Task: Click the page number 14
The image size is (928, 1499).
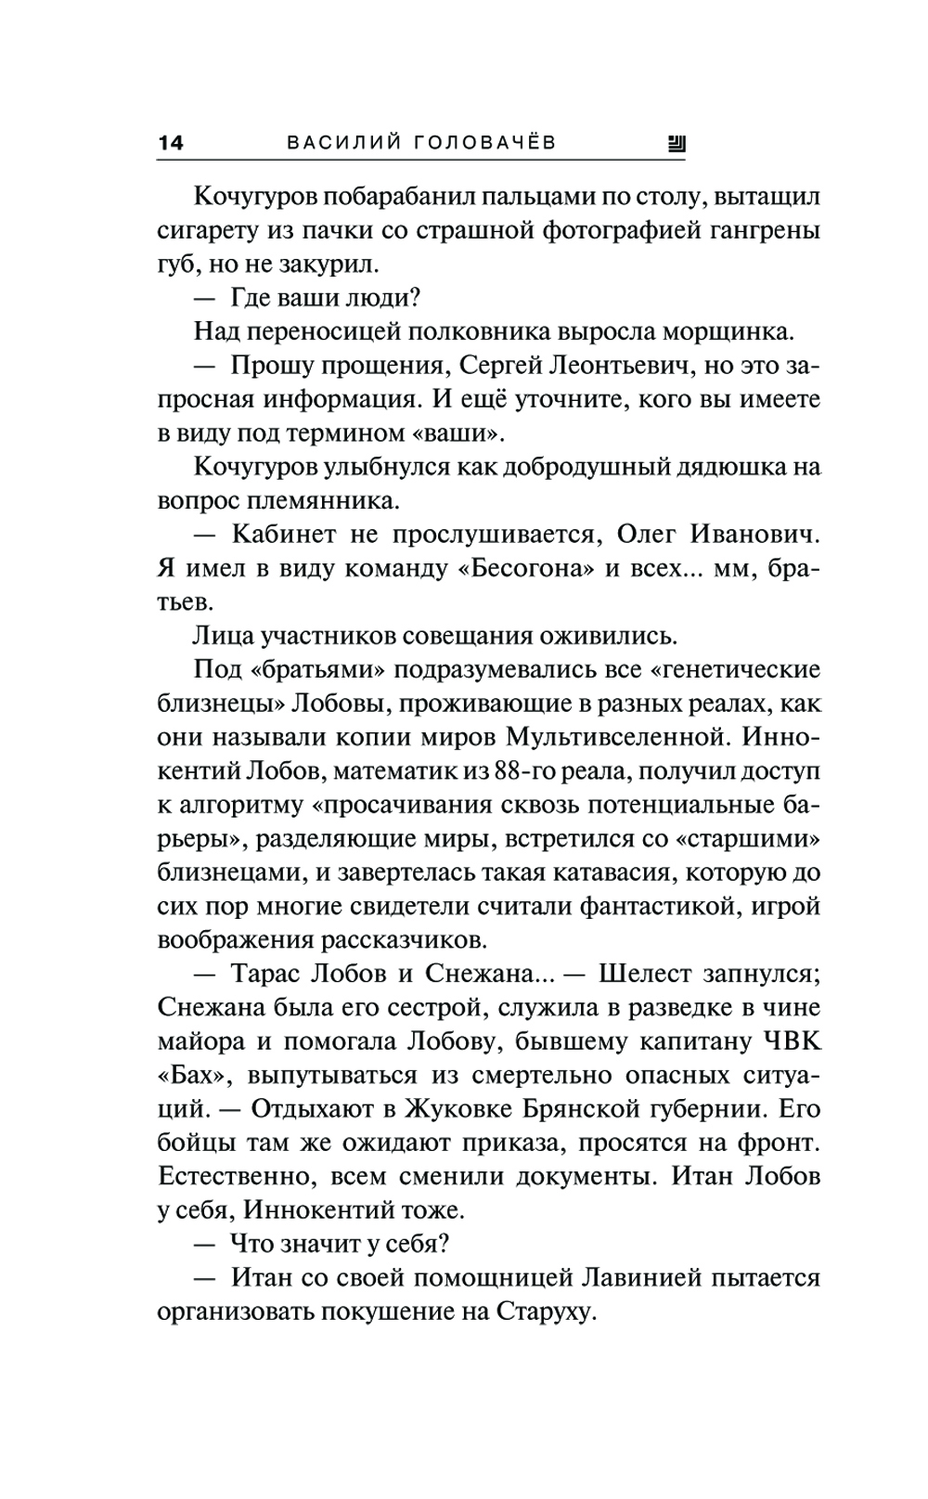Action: click(x=171, y=143)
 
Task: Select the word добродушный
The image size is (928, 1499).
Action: click(x=562, y=466)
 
